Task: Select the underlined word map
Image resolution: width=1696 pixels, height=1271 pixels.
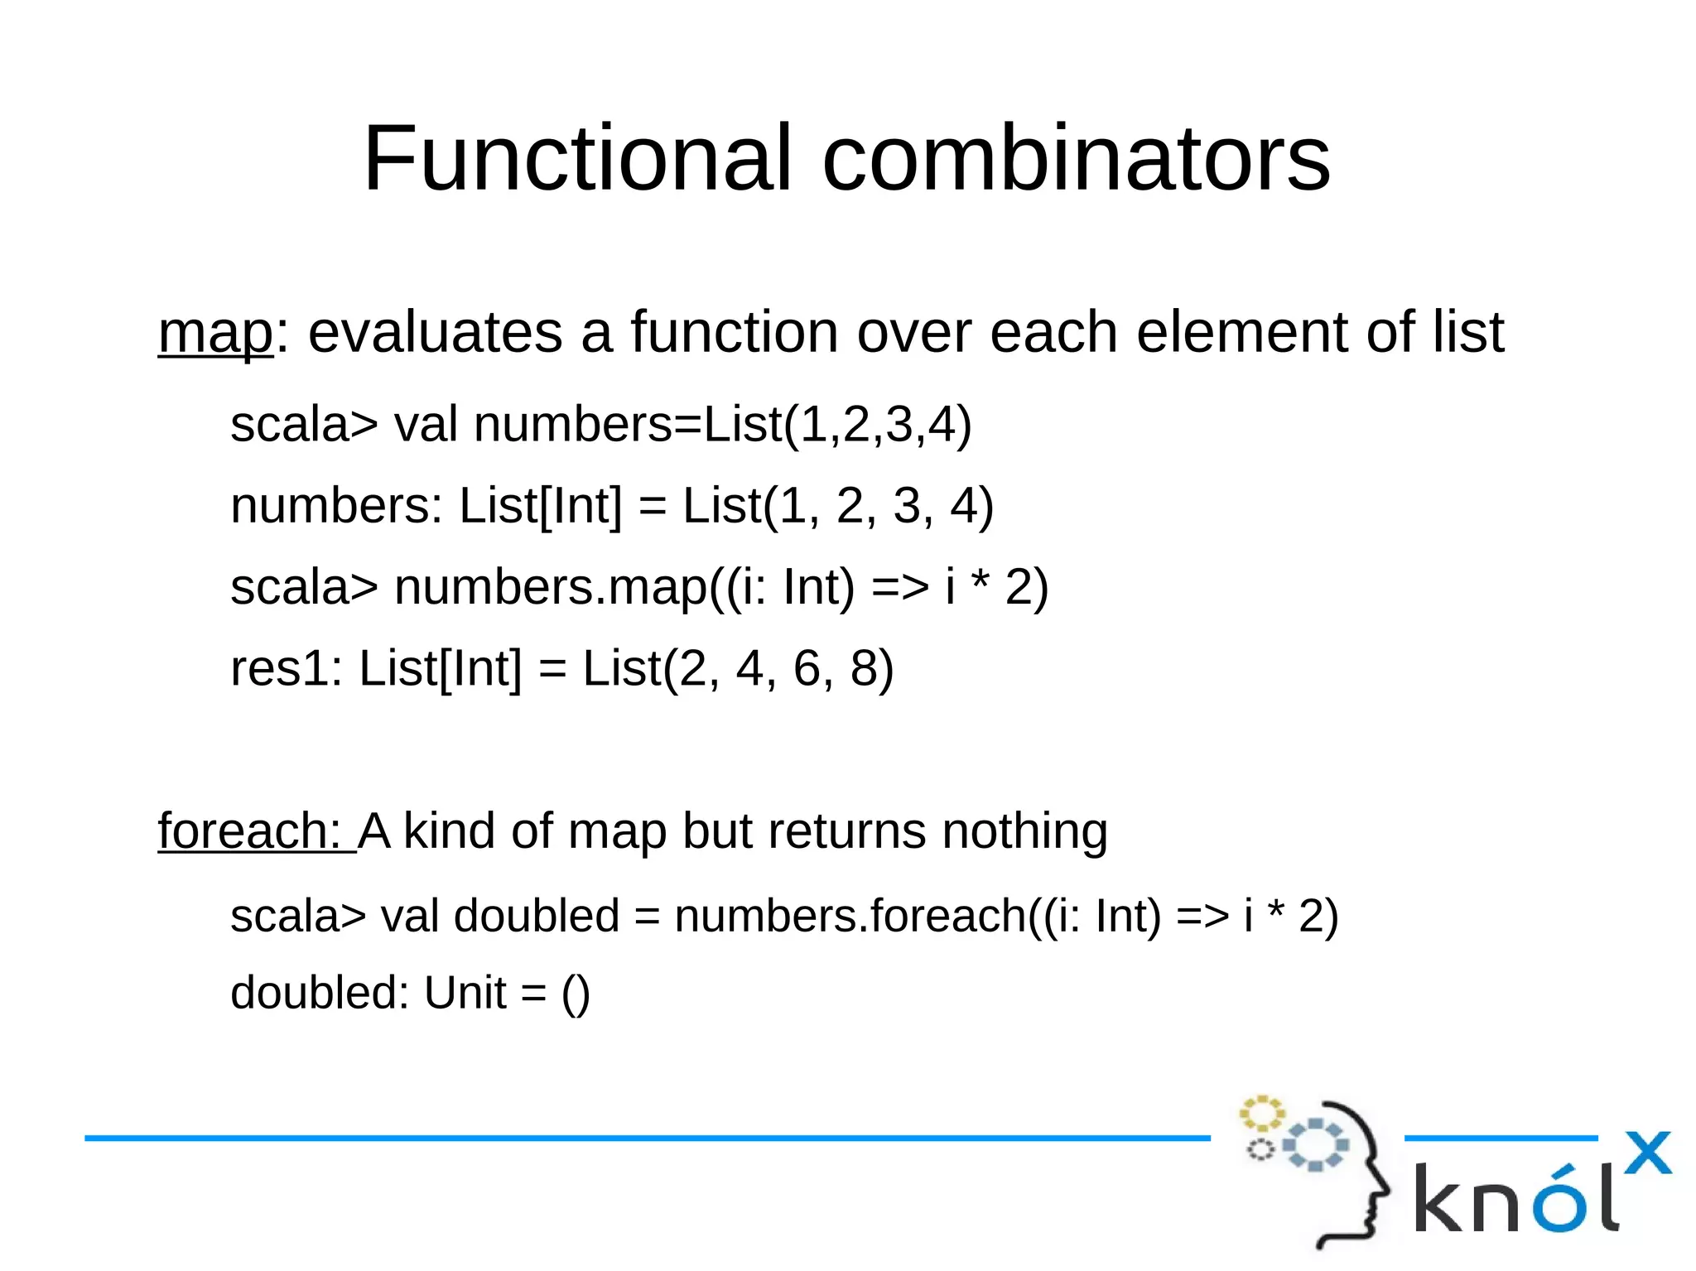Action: click(214, 333)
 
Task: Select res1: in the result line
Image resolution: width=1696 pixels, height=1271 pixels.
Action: click(286, 668)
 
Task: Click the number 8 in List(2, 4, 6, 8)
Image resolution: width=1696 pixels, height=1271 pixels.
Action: click(863, 668)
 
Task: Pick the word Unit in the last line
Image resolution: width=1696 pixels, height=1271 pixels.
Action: click(465, 993)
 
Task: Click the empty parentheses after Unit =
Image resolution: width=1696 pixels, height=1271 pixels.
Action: click(576, 994)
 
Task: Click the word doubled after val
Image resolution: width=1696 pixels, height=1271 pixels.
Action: click(536, 916)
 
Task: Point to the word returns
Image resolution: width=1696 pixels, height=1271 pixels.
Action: click(846, 830)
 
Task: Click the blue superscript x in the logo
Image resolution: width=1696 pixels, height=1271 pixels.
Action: click(1647, 1153)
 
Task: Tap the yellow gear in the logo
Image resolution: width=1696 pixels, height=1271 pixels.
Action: click(1260, 1114)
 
